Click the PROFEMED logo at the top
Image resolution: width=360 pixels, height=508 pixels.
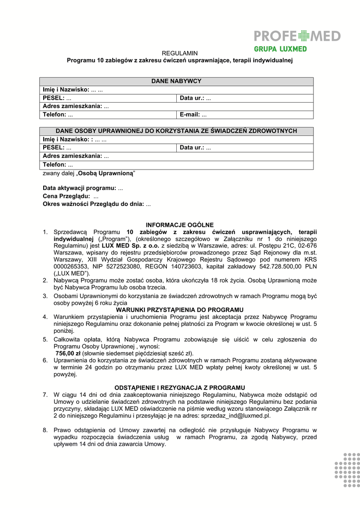pyautogui.click(x=297, y=36)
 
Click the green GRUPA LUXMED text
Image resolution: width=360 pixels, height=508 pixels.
pyautogui.click(x=280, y=49)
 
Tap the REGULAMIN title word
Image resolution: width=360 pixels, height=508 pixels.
pyautogui.click(x=180, y=53)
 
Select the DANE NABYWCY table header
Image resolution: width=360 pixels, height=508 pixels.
pyautogui.click(x=176, y=81)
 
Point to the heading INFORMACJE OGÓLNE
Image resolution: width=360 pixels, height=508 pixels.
pyautogui.click(x=180, y=225)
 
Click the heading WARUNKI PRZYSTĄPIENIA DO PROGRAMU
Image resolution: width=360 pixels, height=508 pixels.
pyautogui.click(x=180, y=310)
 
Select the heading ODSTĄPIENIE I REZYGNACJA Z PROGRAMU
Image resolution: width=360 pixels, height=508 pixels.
pyautogui.click(x=180, y=387)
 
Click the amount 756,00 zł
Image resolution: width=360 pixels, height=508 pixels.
pyautogui.click(x=68, y=353)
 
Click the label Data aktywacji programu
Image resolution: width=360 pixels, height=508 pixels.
pyautogui.click(x=79, y=189)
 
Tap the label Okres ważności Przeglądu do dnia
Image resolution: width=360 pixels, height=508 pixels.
pyautogui.click(x=93, y=204)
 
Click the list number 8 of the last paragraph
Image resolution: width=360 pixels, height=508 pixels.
pyautogui.click(x=45, y=430)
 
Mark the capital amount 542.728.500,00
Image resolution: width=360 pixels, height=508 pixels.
pyautogui.click(x=280, y=266)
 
